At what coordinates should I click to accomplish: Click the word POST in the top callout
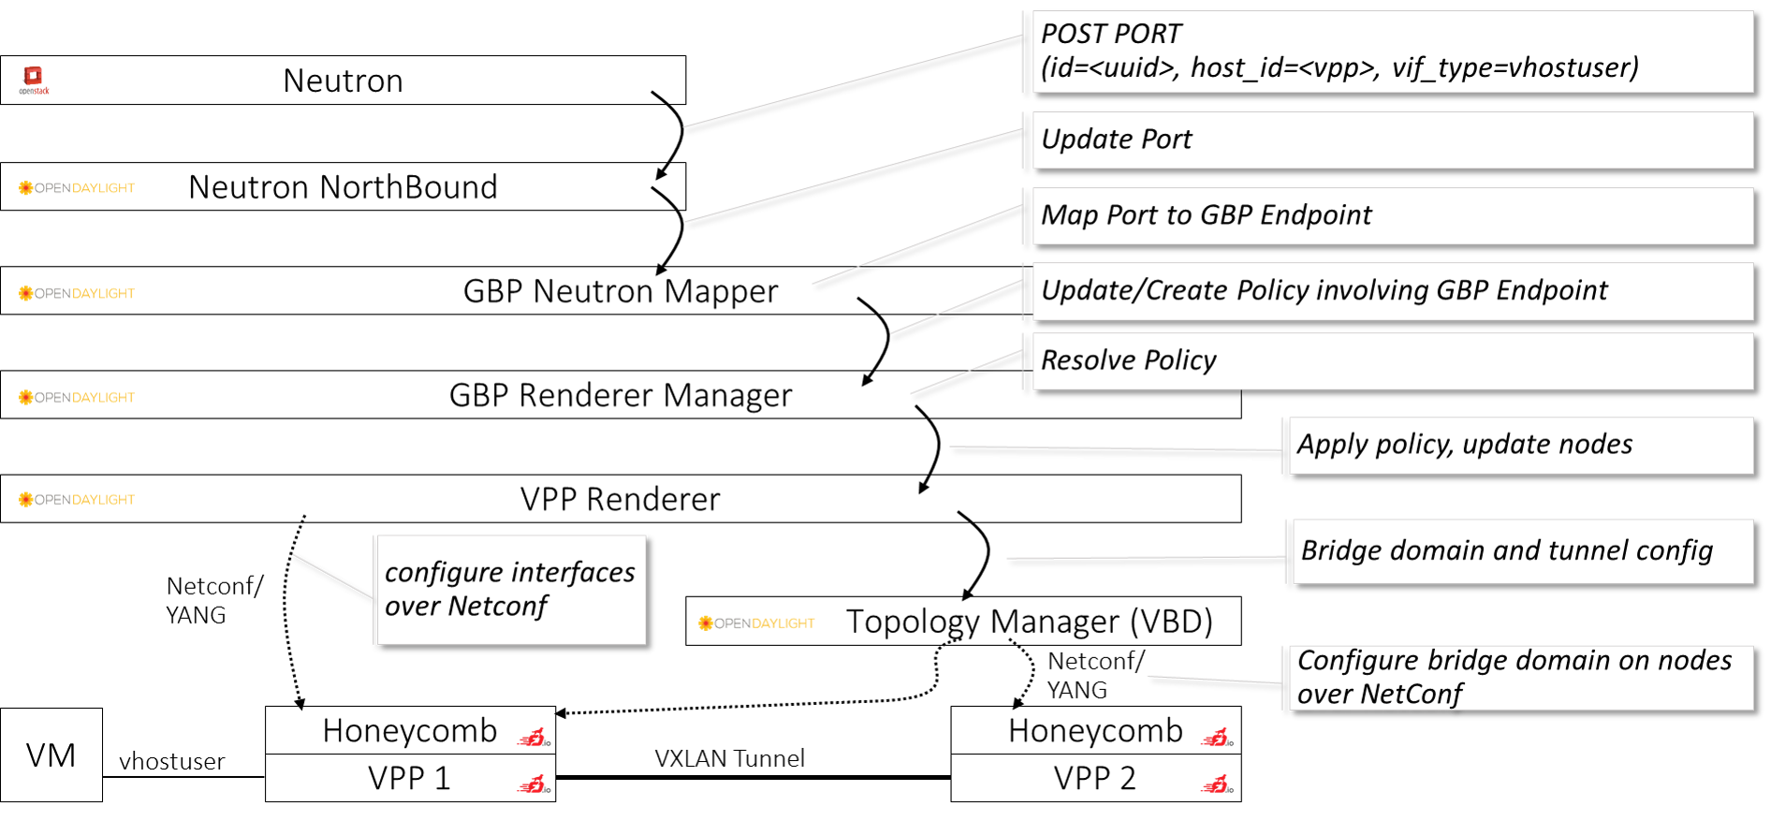click(x=1075, y=35)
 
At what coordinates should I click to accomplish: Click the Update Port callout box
click(x=1391, y=140)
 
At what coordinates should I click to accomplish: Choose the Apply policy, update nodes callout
click(x=1520, y=446)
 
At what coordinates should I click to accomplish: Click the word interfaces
click(x=573, y=573)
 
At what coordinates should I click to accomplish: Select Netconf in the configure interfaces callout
click(x=497, y=607)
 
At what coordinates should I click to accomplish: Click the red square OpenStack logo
click(x=34, y=77)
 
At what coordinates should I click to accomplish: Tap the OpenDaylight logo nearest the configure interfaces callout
click(x=756, y=623)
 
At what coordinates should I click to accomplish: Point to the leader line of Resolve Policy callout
click(x=965, y=373)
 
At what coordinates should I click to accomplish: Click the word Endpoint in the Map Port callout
click(x=1315, y=216)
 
